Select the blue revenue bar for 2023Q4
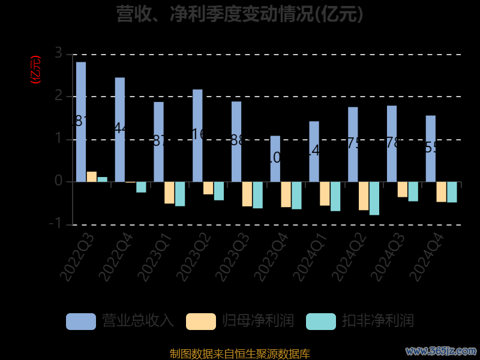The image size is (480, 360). coord(275,158)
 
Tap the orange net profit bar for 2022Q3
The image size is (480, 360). coord(91,176)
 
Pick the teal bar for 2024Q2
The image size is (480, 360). coord(374,198)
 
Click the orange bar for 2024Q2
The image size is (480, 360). coord(364,196)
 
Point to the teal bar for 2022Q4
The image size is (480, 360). coord(141,187)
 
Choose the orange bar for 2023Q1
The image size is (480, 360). coord(169,193)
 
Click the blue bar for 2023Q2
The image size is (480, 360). coord(197,136)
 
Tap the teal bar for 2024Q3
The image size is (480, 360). coord(413,191)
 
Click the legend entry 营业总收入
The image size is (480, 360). coord(120,321)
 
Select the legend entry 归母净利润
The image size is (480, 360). coord(240,321)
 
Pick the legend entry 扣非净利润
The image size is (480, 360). coord(360,321)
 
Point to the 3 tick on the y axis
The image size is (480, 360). coord(58,53)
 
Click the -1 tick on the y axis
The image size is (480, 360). coord(56,224)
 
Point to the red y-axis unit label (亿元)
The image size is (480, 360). coord(35,70)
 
